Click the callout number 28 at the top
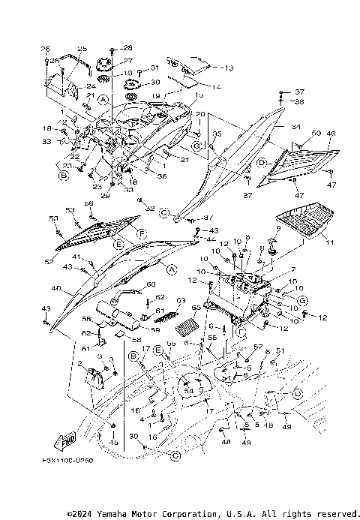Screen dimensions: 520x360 click(x=127, y=47)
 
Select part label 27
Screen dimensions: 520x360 click(x=127, y=61)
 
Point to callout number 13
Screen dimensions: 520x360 click(x=228, y=68)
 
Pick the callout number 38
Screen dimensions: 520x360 click(x=299, y=101)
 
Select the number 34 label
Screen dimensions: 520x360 click(x=295, y=127)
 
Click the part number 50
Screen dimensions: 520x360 click(x=316, y=133)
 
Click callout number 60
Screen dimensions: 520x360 click(x=150, y=284)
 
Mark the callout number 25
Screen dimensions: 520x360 click(x=82, y=48)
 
